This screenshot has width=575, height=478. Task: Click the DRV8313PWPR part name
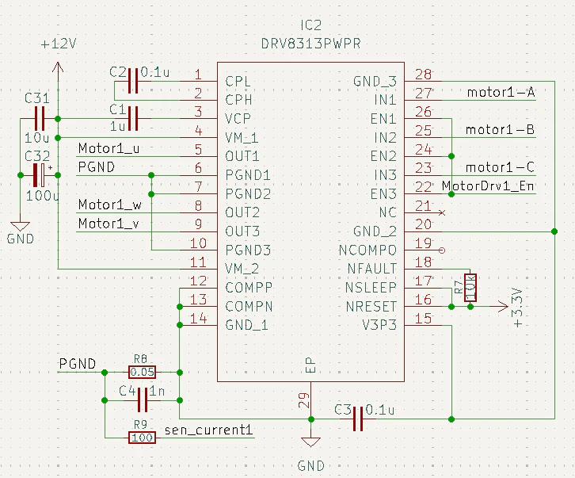(311, 44)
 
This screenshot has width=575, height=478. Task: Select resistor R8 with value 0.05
(142, 373)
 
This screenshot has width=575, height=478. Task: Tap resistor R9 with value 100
(142, 438)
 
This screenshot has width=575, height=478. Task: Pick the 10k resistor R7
(470, 288)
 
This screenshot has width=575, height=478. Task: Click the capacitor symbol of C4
(143, 400)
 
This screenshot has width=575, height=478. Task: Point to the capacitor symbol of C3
(358, 419)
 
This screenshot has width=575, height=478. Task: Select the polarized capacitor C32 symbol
(39, 175)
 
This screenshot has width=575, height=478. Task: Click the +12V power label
(59, 44)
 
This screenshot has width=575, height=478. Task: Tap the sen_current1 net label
(208, 430)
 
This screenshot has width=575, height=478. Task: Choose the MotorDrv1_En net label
(488, 185)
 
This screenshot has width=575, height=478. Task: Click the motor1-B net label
(500, 129)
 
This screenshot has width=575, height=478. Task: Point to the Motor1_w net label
(109, 205)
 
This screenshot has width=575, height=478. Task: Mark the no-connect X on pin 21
(442, 212)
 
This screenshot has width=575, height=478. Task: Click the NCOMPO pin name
(367, 250)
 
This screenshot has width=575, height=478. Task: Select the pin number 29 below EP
(304, 400)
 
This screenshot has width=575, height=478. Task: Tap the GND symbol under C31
(20, 225)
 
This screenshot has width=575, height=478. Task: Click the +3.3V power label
(517, 308)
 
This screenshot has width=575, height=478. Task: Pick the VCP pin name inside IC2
(238, 119)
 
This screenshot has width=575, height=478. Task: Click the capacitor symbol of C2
(133, 81)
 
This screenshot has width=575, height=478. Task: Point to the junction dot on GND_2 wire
(554, 231)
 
